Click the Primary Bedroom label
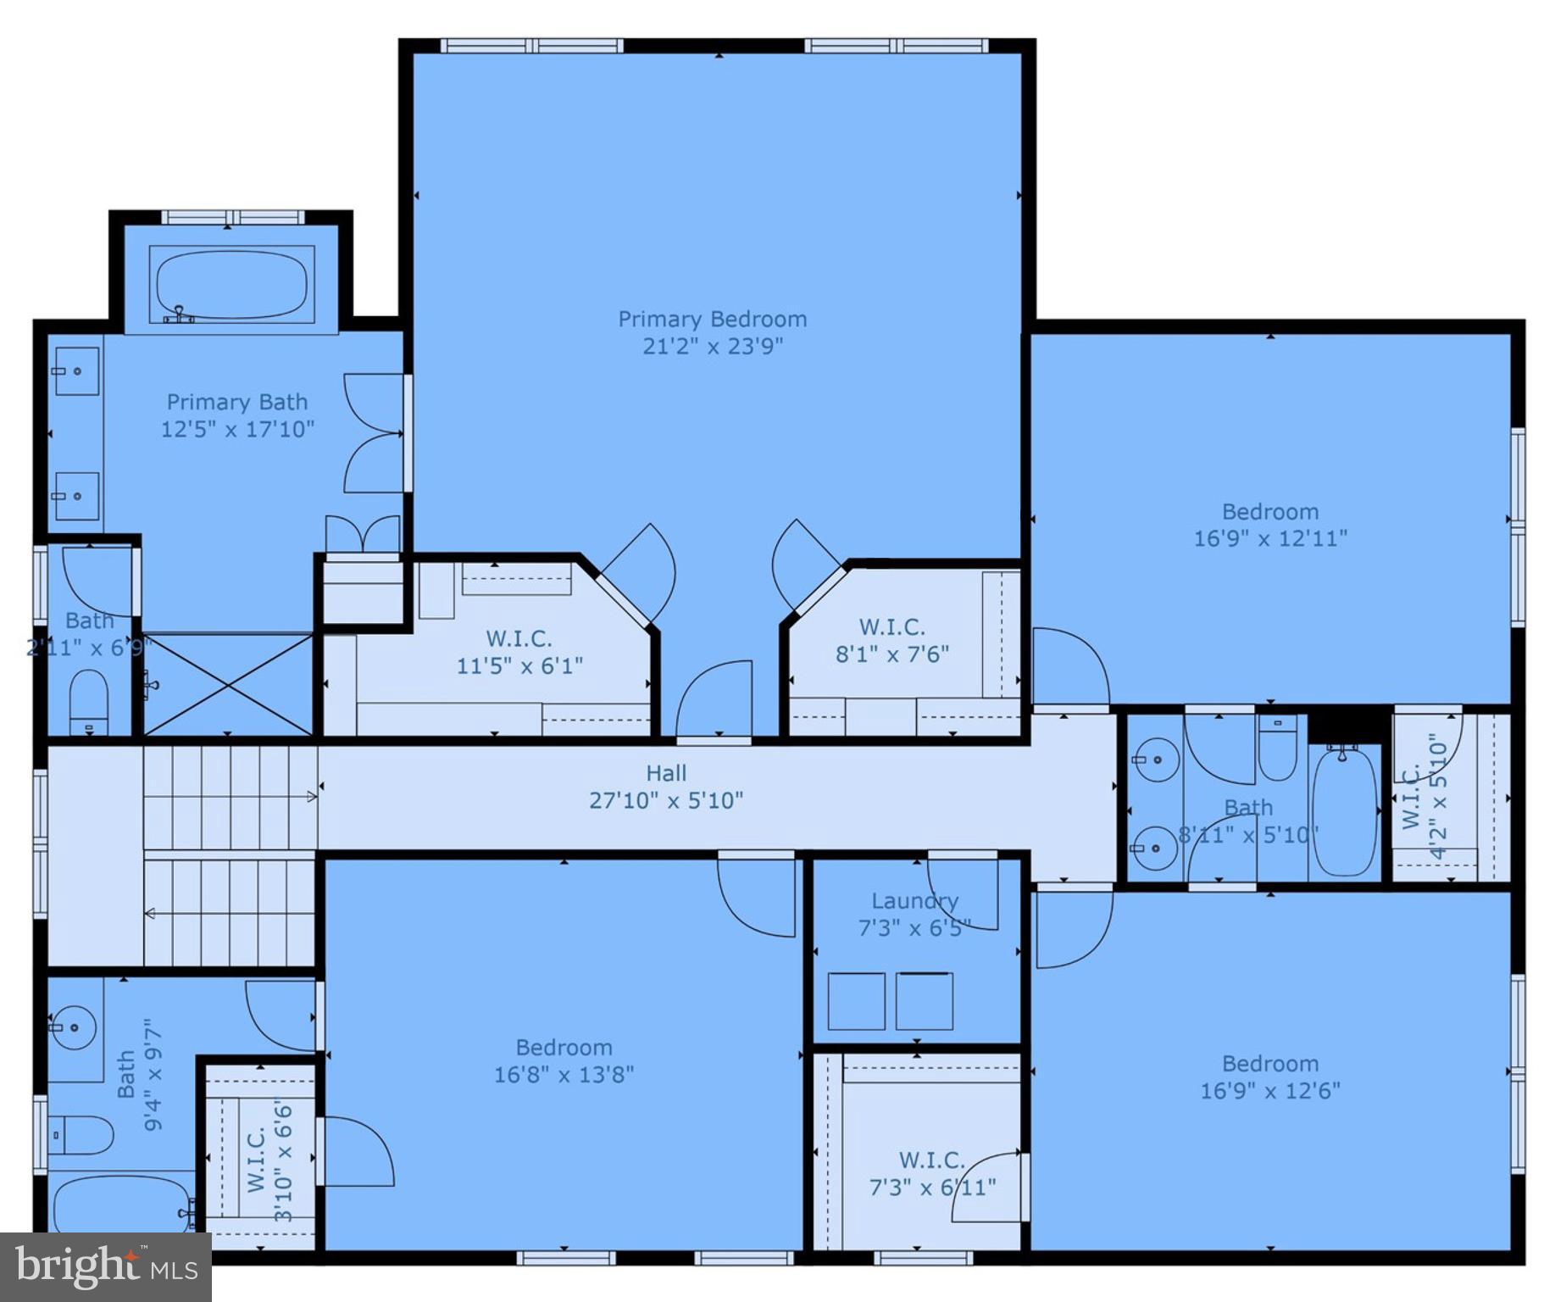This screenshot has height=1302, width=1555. pos(712,320)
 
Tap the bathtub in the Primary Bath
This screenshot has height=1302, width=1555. pos(231,284)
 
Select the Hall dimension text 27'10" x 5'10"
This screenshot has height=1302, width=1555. pos(666,800)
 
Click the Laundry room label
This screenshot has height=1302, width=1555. pos(915,901)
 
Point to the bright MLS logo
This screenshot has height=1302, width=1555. pos(106,1267)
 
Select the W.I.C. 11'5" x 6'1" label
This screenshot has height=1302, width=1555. pos(519,652)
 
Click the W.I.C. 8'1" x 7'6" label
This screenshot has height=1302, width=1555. pos(891,640)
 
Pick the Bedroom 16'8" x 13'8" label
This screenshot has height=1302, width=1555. pos(564,1060)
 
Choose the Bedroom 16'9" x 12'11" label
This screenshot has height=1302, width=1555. pos(1269,525)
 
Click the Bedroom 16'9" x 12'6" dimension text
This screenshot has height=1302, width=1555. pos(1269,1090)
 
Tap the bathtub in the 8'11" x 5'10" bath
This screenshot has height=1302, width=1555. pos(1344,811)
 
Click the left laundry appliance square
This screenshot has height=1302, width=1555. pos(856,1001)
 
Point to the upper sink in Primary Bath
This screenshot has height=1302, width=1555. pos(76,371)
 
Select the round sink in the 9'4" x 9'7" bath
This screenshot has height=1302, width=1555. pos(75,1027)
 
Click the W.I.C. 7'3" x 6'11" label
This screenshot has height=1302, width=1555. pos(932,1173)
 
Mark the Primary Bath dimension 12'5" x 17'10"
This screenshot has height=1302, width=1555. pos(237,429)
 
